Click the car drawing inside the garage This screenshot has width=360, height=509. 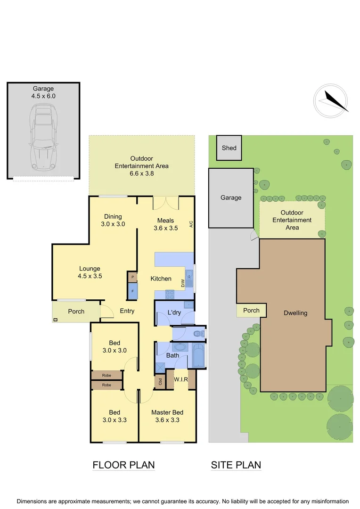point(43,138)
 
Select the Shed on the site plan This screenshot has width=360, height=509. point(229,148)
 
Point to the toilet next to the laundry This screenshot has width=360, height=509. point(202,334)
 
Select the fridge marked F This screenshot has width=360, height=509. point(132,291)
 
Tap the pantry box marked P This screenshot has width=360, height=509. point(132,277)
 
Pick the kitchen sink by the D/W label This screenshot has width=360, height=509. point(189,279)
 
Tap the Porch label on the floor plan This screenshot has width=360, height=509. point(76,311)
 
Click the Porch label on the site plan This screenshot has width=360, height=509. point(251,311)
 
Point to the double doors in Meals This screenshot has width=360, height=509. point(165,203)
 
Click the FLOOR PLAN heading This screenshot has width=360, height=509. point(123,465)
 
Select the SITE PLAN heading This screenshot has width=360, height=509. point(236,465)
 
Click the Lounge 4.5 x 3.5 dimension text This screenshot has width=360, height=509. point(90,276)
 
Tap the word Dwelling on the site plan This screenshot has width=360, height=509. point(295,313)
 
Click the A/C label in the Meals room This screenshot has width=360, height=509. point(191,224)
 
